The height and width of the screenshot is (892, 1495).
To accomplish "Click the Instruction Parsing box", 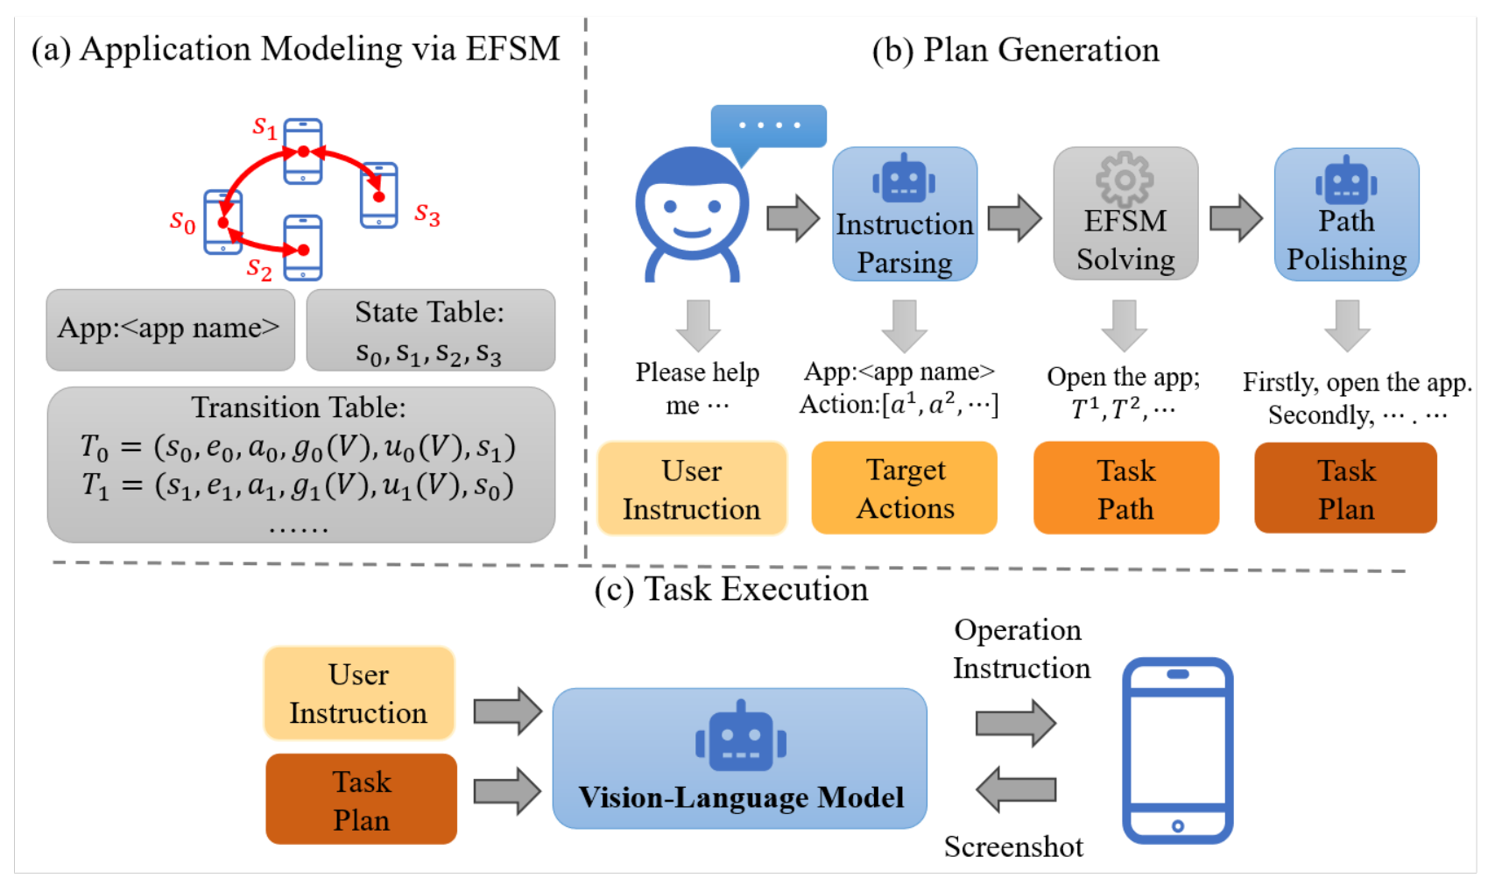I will click(x=904, y=215).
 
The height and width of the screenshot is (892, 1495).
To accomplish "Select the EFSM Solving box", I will click(x=1125, y=215).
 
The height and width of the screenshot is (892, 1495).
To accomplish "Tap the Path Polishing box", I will click(x=1346, y=215).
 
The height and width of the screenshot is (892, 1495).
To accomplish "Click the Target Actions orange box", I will click(x=905, y=488).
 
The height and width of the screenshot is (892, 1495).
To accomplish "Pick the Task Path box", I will click(x=1126, y=488).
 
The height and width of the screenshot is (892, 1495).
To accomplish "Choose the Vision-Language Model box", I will click(x=740, y=759).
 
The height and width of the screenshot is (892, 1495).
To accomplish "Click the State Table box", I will click(x=430, y=330).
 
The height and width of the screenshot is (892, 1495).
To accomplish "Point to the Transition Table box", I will click(x=300, y=464).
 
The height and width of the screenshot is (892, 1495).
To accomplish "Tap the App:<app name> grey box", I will click(x=170, y=330).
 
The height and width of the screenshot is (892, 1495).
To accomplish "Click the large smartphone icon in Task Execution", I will click(x=1177, y=750).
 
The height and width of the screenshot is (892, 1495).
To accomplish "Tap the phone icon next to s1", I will click(x=303, y=152).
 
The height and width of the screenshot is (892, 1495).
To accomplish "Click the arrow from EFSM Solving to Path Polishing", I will click(x=1236, y=217).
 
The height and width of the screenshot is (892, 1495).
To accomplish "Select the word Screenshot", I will click(x=1013, y=846).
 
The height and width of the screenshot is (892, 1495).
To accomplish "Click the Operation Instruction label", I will click(x=1021, y=648).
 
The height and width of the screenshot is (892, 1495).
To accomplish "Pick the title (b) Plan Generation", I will click(x=1015, y=50).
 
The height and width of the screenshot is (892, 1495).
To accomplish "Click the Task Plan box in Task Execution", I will click(x=361, y=800).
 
